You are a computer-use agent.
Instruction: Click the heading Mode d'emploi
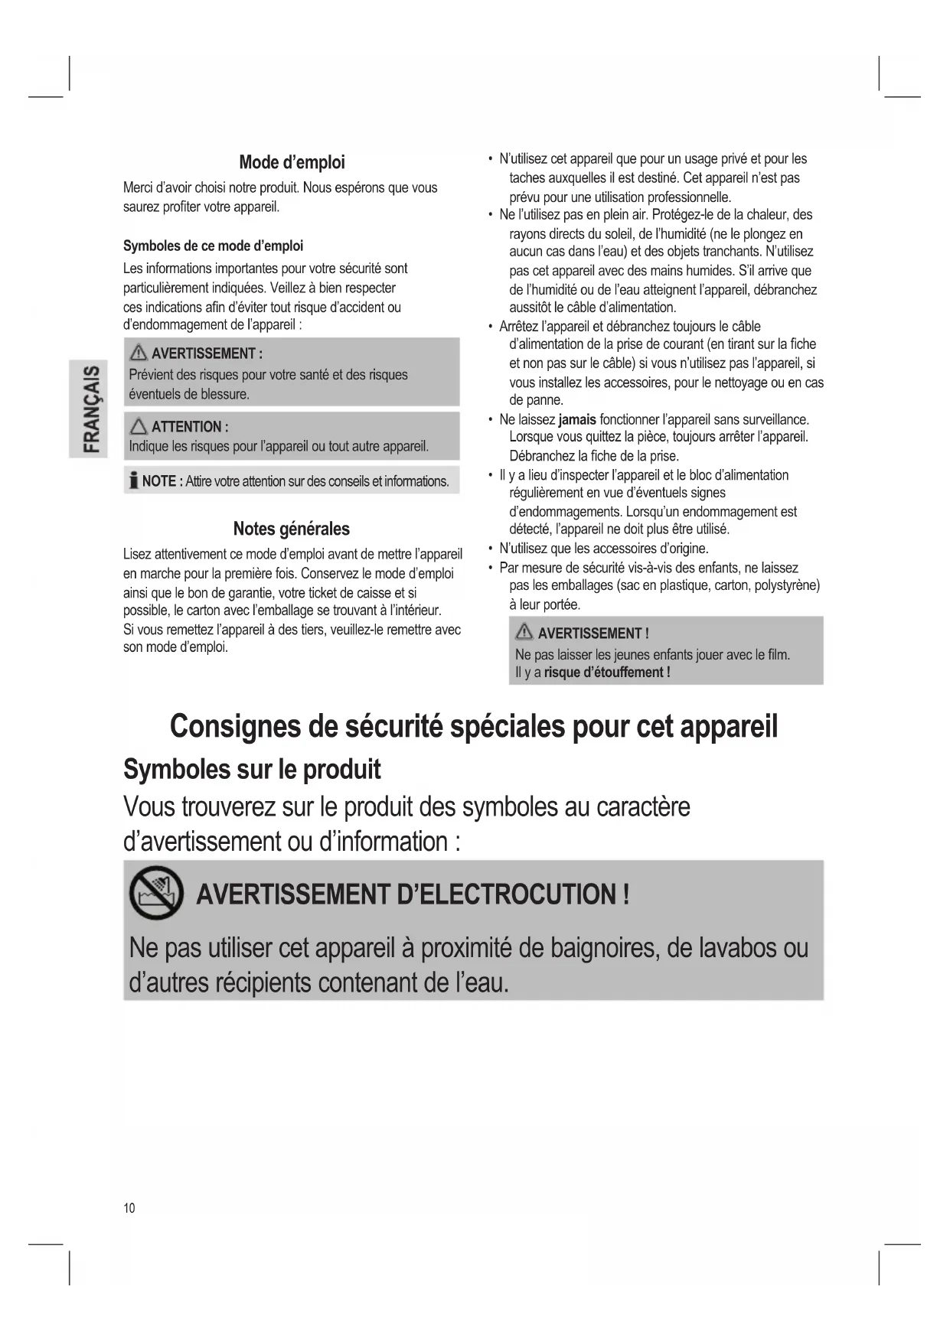point(292,162)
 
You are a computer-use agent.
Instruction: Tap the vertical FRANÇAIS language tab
point(90,409)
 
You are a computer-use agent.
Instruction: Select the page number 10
point(129,1207)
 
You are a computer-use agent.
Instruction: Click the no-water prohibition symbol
point(156,894)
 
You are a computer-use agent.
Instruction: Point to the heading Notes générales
point(291,529)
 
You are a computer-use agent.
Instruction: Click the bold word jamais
point(577,419)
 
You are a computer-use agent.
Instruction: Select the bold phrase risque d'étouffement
point(607,673)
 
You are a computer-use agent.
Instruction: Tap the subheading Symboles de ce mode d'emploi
point(213,246)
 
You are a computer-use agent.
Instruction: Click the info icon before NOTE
point(134,481)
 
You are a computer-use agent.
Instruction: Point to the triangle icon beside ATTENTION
point(139,426)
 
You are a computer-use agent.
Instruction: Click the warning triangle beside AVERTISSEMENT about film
point(524,632)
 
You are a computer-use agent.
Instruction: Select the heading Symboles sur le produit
point(252,769)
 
